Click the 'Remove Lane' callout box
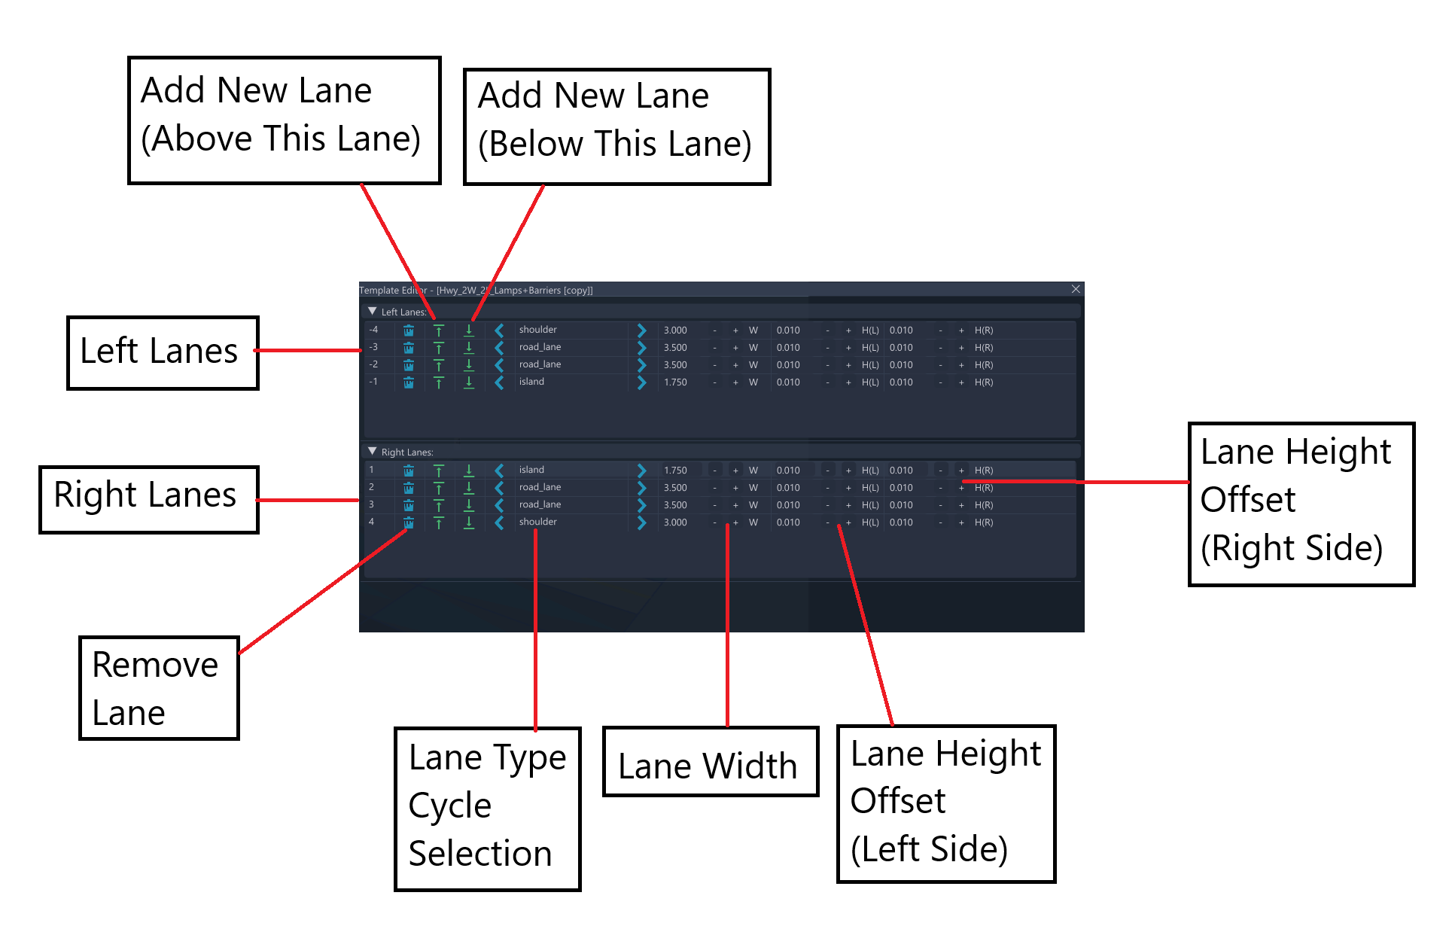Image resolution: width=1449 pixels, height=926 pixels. (x=159, y=688)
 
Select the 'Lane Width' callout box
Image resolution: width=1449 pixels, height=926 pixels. (x=711, y=761)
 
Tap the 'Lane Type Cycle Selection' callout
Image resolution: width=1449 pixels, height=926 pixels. (x=488, y=809)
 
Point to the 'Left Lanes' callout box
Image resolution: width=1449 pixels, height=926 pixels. (x=163, y=352)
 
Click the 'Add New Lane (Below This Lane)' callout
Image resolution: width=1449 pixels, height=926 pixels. (x=616, y=126)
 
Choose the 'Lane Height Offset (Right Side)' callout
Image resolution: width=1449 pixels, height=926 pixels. (x=1301, y=504)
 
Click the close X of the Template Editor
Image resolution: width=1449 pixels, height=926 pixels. (x=1076, y=289)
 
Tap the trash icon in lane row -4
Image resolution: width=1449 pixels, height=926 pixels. (x=409, y=330)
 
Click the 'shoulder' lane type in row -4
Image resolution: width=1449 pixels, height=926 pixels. (x=537, y=330)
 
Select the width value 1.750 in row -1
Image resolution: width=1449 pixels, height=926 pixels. (x=675, y=382)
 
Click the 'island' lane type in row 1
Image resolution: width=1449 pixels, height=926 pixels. (x=531, y=470)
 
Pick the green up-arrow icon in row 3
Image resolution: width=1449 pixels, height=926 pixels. (x=439, y=505)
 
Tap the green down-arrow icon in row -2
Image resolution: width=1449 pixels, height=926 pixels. (x=469, y=365)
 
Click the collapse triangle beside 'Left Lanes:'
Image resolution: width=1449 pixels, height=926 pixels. (x=372, y=311)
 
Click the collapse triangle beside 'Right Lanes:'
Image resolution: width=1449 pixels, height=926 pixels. (x=372, y=451)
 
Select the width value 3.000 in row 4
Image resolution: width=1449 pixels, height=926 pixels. (x=675, y=522)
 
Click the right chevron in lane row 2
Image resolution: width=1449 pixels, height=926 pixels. (x=641, y=488)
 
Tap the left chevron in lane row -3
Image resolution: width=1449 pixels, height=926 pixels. (x=499, y=348)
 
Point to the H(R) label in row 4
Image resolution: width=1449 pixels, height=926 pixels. (x=984, y=522)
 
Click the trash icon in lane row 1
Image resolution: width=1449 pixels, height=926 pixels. (x=409, y=471)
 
